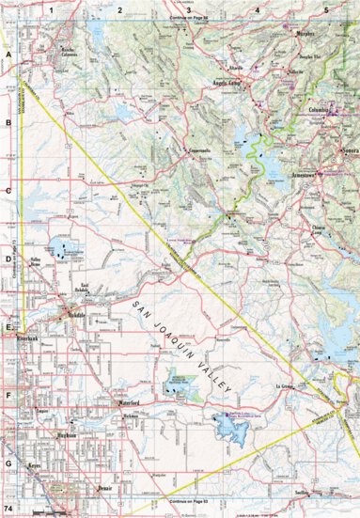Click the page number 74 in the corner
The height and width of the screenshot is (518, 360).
(x=9, y=507)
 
